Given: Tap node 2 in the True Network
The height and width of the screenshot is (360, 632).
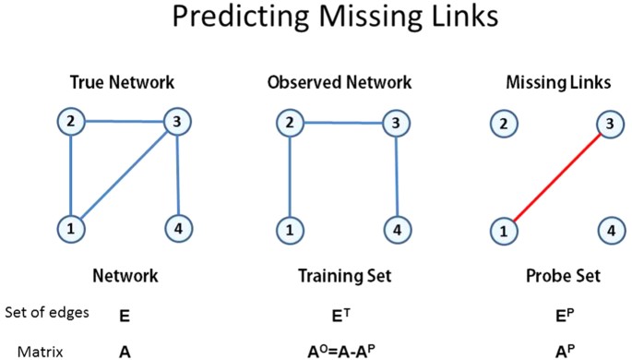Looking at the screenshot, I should point(69,121).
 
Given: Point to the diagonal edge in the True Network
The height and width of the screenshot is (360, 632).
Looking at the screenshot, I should point(123,174).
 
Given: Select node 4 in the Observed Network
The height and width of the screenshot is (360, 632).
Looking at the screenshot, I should point(396,228).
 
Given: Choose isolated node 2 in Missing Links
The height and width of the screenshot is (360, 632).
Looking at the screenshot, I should point(501,124).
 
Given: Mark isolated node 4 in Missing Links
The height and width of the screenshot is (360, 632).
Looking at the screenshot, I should point(607,229).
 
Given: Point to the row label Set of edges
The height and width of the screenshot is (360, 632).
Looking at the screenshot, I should point(47,313).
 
